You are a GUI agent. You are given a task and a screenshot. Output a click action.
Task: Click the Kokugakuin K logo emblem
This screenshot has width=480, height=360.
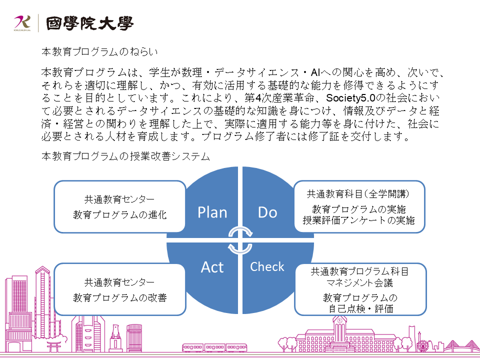pos(22,23)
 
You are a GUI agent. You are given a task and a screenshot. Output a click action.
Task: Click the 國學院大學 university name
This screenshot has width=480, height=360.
pos(89,23)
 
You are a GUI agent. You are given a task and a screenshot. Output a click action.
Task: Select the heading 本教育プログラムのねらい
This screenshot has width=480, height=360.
pos(99,51)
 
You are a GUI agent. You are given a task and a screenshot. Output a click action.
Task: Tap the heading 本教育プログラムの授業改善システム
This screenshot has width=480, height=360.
pos(125,156)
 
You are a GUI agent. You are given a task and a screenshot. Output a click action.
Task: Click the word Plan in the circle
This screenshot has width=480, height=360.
pos(212,212)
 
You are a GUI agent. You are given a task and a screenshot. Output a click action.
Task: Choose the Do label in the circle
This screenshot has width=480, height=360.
pos(267,212)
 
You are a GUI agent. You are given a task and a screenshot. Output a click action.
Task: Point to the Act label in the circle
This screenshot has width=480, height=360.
pos(212,267)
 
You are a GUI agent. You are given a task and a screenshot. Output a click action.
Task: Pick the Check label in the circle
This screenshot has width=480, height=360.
pos(267,266)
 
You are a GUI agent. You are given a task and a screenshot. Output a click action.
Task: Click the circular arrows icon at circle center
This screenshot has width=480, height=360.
pos(240,240)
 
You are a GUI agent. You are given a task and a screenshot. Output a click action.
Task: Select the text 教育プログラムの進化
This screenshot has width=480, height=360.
pos(119,215)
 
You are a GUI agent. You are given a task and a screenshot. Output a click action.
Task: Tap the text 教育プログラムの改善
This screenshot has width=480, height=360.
pos(119,297)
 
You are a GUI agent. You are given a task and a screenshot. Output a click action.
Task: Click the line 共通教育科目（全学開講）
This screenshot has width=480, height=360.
pos(358,194)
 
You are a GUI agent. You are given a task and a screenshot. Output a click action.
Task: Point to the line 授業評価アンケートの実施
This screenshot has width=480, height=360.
pos(359,220)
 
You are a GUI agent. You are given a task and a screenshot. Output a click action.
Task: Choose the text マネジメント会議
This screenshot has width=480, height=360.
pos(359,282)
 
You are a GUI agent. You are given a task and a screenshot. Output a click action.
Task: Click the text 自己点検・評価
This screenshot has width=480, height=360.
pos(361,308)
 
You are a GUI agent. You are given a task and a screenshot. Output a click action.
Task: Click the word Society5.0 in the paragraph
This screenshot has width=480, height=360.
pos(350,98)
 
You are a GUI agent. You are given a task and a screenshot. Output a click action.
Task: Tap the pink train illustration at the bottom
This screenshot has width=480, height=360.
pos(214,348)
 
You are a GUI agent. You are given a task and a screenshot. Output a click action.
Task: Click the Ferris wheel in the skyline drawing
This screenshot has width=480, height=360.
pos(422,346)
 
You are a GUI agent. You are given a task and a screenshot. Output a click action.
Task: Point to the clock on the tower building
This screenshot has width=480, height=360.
pos(339,320)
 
